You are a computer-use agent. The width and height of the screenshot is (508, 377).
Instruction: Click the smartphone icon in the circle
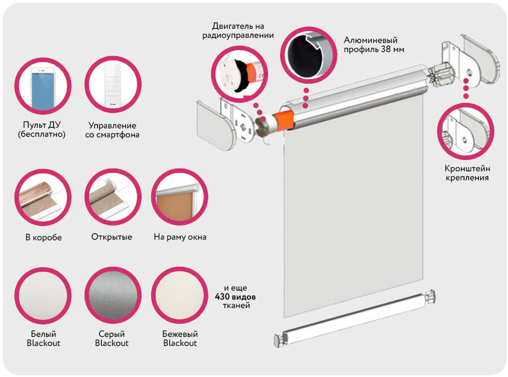[x=42, y=86]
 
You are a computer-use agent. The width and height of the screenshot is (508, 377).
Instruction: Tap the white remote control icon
[x=112, y=86]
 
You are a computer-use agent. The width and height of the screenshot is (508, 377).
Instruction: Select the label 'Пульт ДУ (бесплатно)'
[x=42, y=130]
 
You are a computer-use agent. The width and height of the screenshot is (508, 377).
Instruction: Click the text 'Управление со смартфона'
[x=113, y=130]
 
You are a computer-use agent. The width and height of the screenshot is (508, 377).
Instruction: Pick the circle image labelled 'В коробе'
[x=43, y=197]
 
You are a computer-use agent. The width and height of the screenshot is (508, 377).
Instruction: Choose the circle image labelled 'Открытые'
[x=112, y=197]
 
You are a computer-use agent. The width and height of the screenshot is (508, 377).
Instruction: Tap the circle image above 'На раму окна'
[x=179, y=197]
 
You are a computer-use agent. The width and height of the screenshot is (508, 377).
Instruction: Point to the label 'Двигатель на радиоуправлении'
[x=238, y=31]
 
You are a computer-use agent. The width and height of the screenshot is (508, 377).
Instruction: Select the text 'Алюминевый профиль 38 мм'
[x=374, y=45]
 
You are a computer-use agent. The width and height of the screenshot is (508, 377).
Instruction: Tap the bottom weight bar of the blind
[x=356, y=319]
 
